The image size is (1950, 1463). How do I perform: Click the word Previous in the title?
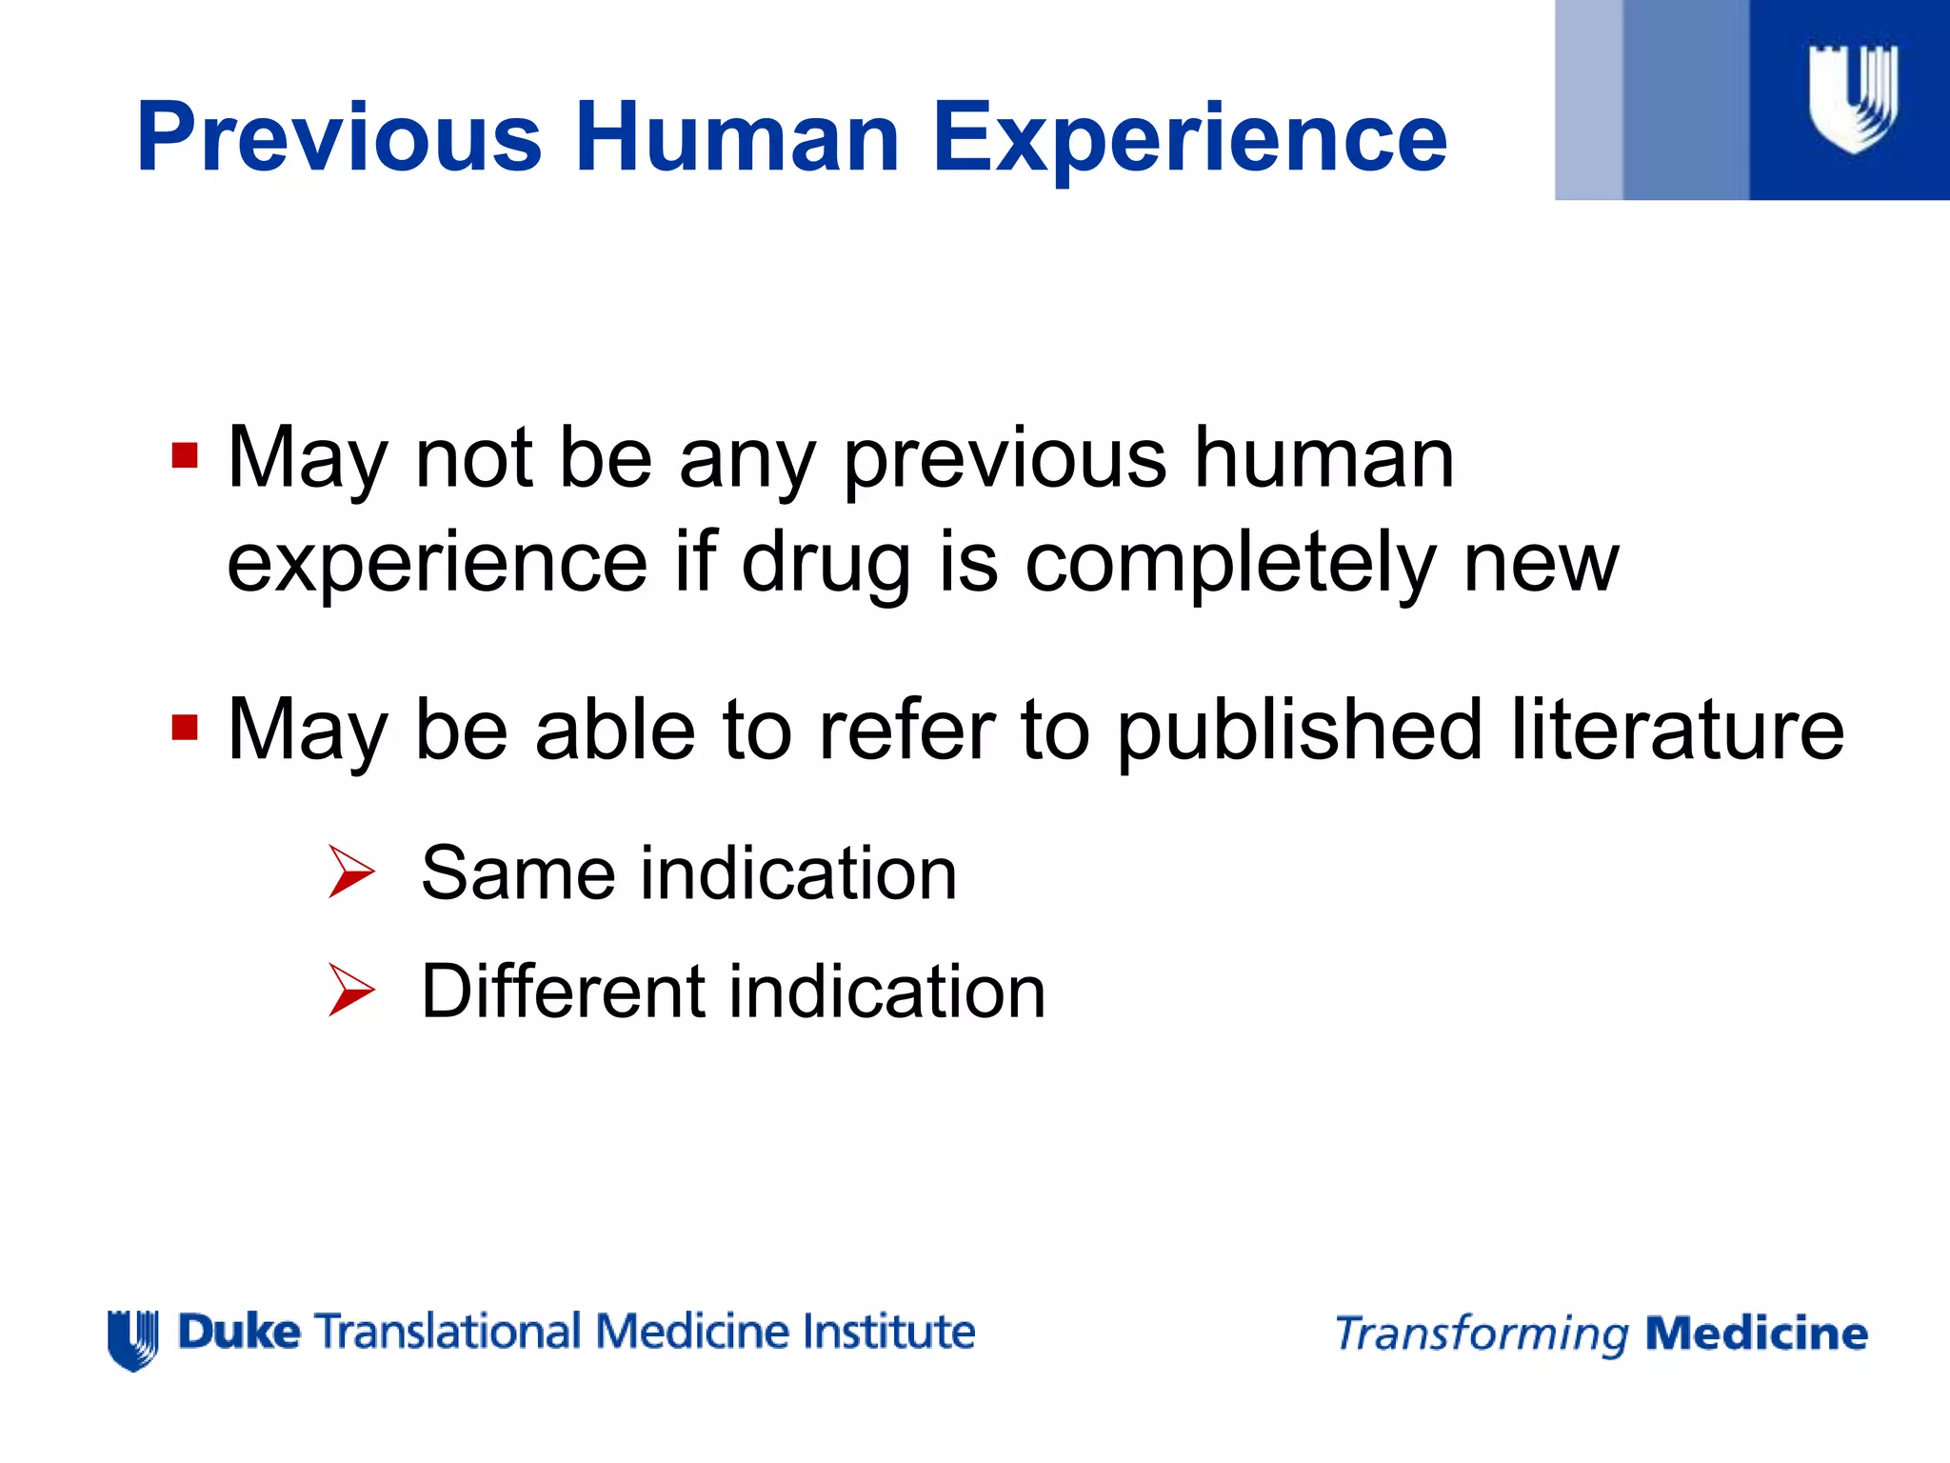coord(339,138)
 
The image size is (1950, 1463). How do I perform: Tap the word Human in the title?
coord(737,138)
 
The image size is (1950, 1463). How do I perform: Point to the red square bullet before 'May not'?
coord(185,455)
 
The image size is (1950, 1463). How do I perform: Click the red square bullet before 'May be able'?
coord(185,728)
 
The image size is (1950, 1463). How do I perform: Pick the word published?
coord(1299,731)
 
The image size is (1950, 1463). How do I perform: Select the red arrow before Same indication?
coord(351,872)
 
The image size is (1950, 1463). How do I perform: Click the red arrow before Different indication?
coord(351,990)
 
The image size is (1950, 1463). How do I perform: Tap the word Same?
coord(518,873)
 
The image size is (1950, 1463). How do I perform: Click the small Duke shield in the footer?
coord(133,1338)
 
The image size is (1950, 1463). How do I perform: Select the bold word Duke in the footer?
coord(239,1332)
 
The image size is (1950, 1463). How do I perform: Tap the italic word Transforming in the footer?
coord(1482,1334)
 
